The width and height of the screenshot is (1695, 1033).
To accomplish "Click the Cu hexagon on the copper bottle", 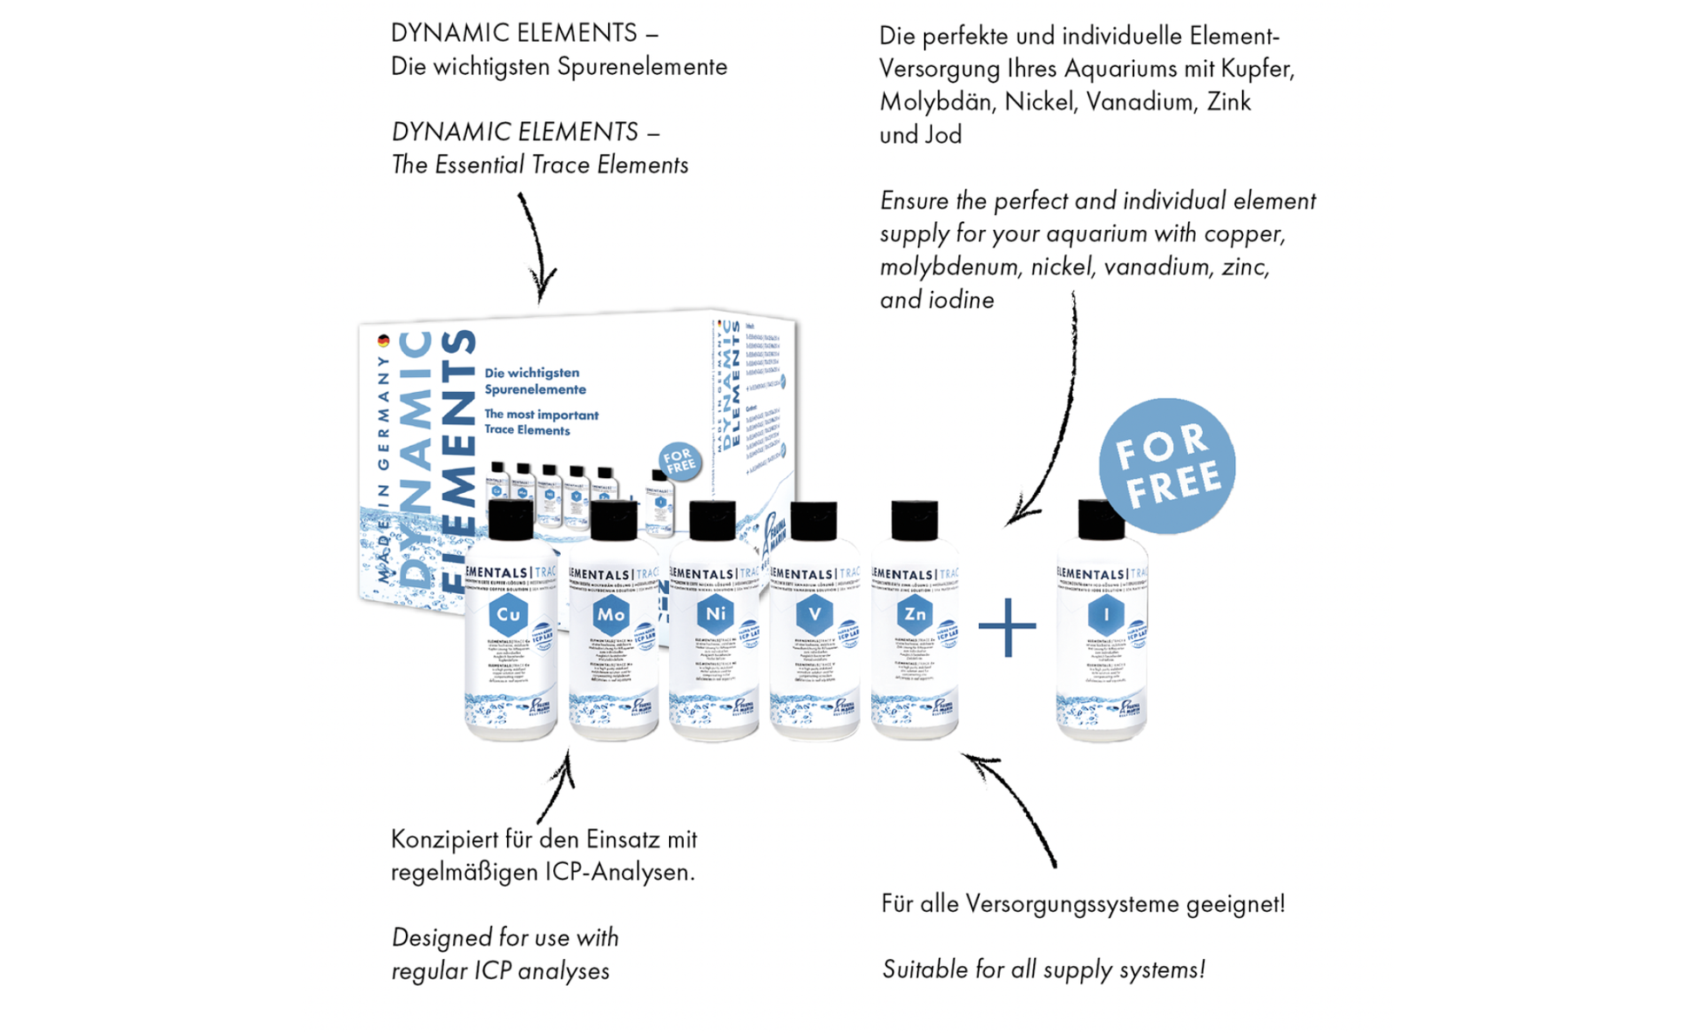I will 509,615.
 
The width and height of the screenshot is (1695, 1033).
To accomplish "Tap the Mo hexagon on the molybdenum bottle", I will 611,615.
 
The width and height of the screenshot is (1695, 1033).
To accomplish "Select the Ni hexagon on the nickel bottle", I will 715,614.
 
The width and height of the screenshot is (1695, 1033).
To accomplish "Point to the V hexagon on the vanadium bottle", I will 814,614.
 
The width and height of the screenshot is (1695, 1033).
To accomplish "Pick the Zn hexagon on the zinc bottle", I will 915,614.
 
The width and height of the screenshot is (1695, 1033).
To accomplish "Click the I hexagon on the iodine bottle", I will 1106,615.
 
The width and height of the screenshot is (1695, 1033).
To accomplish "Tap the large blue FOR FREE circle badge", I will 1166,465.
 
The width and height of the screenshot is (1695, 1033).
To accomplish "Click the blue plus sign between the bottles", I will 1007,627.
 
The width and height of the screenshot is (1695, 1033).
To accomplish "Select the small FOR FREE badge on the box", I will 679,460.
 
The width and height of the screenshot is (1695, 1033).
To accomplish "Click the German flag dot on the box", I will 383,341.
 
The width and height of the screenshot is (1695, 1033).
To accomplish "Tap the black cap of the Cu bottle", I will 510,520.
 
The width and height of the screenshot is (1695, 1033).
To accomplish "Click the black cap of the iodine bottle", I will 1101,519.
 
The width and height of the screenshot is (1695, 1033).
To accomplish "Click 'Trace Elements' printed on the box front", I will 527,430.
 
